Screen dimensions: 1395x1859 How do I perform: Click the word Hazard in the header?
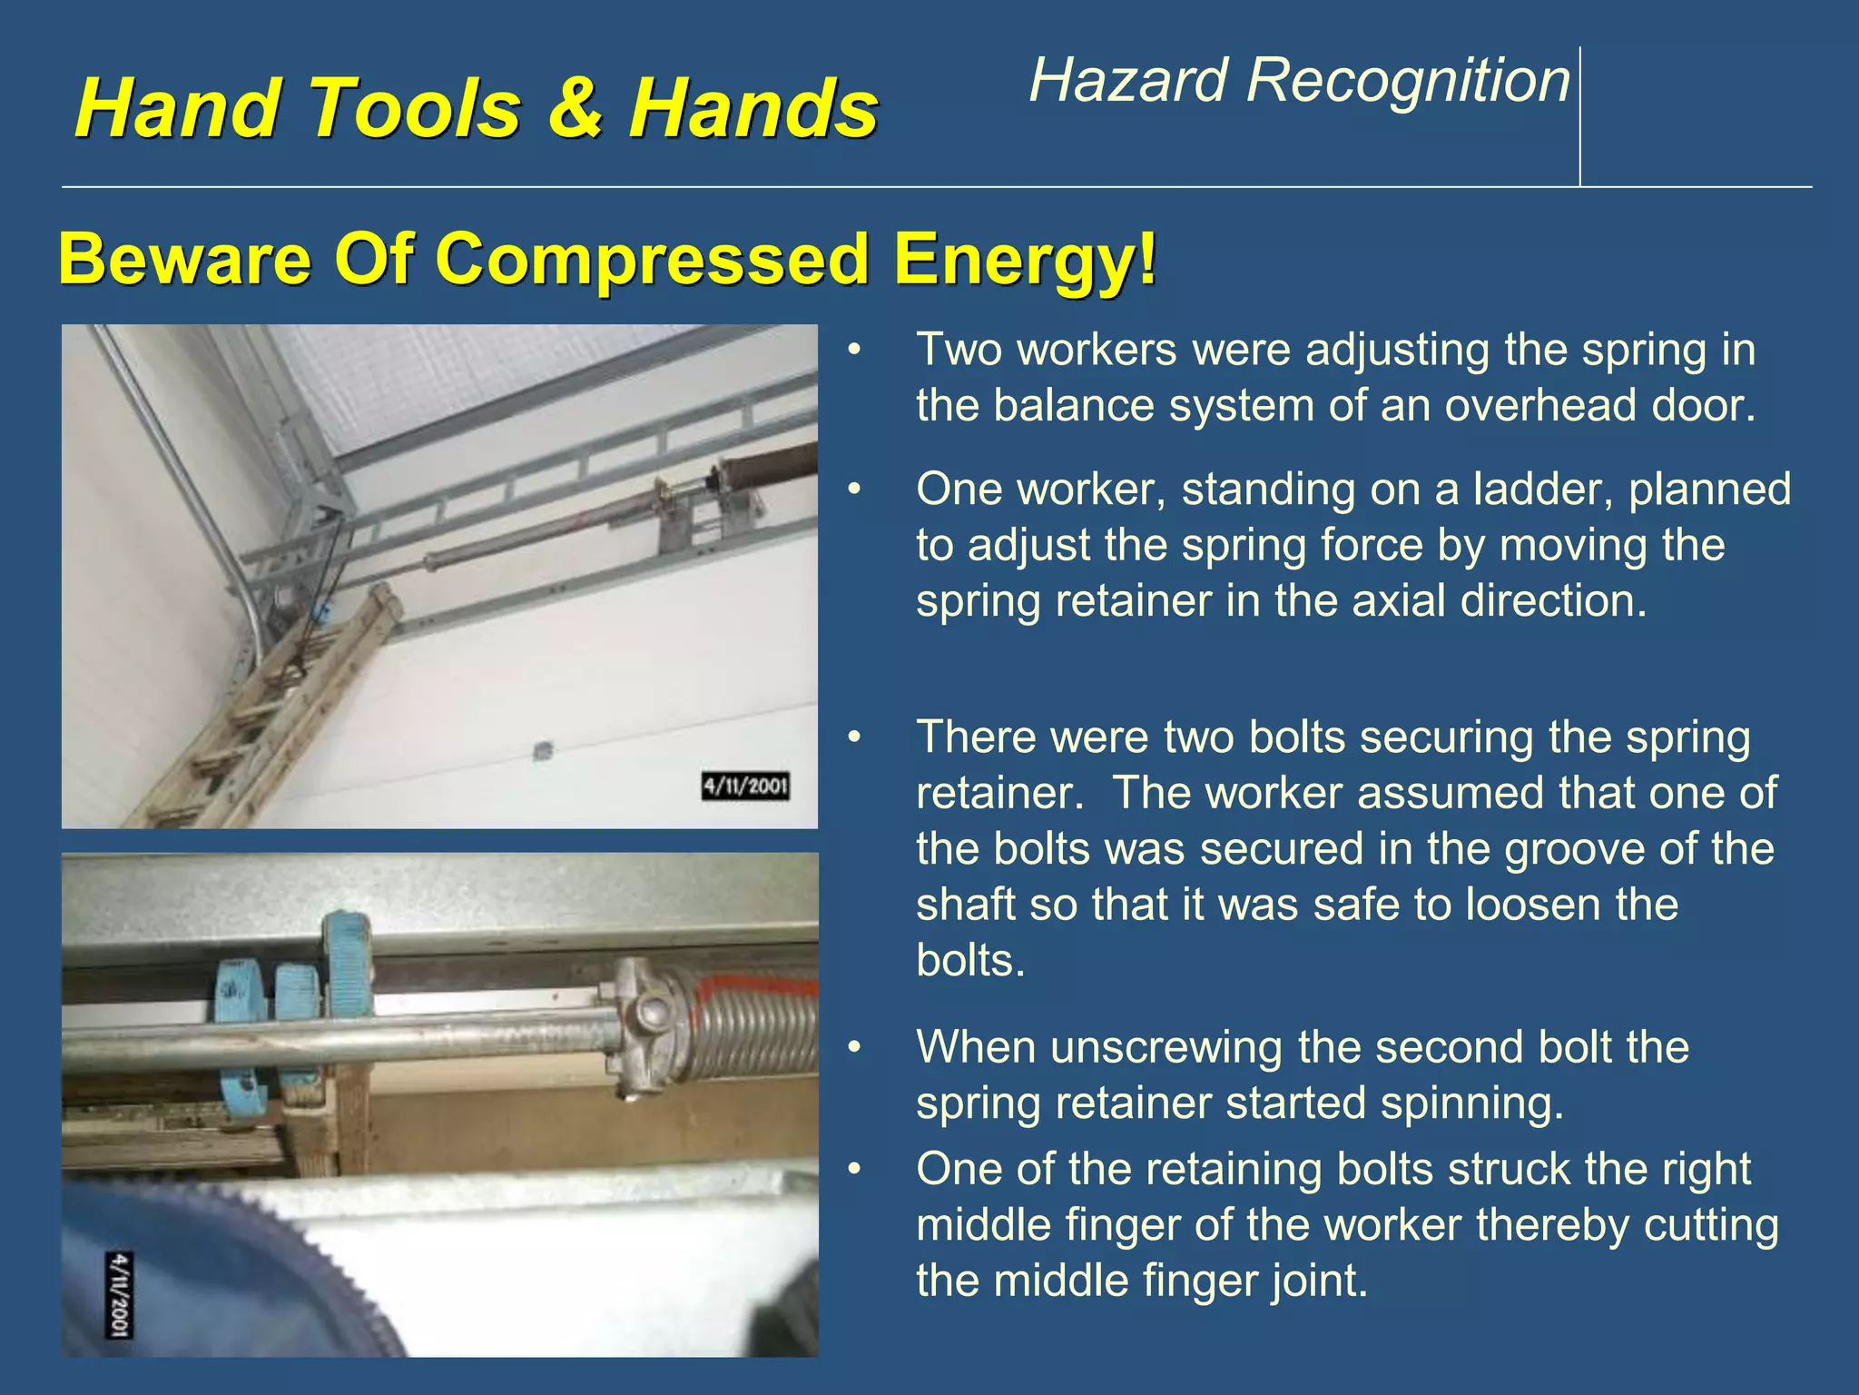click(1127, 80)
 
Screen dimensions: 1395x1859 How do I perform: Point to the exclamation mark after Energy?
click(1147, 258)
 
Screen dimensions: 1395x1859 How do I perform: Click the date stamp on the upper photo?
click(745, 786)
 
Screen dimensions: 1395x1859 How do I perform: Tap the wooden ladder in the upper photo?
click(272, 708)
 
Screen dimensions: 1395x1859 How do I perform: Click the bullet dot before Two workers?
click(853, 351)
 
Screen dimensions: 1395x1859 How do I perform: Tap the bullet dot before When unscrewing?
click(853, 1048)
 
